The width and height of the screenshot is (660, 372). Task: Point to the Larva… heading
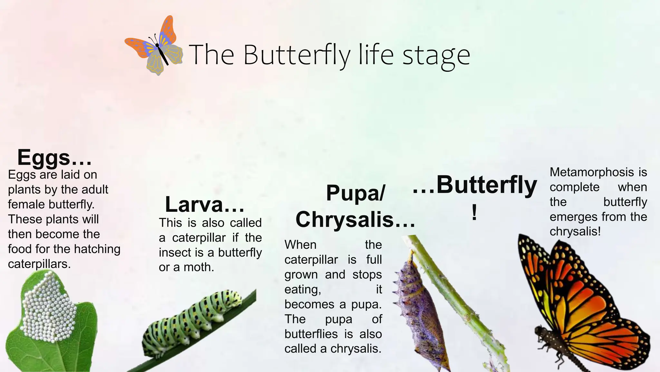tap(205, 205)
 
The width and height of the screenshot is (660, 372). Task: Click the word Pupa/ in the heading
tap(355, 193)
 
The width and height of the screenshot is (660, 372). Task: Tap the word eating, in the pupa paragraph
tap(303, 289)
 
